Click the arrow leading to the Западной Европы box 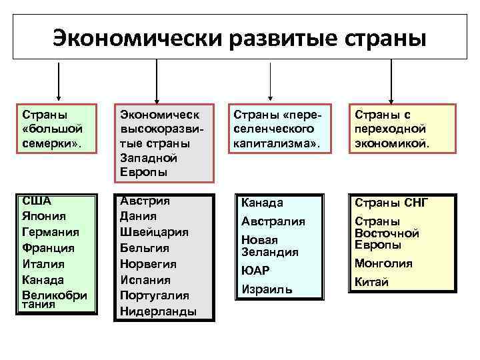coord(156,79)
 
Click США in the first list coord(37,200)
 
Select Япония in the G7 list coord(45,216)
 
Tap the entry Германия coord(51,232)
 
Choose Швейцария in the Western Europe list coord(154,232)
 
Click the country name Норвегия coord(149,263)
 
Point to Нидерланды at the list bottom coord(158,311)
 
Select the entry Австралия coord(273,221)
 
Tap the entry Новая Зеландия coord(269,245)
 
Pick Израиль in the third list coord(267,291)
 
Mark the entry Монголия coord(383,263)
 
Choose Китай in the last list coord(371,282)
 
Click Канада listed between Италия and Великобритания coord(43,279)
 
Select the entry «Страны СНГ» coord(391,203)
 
